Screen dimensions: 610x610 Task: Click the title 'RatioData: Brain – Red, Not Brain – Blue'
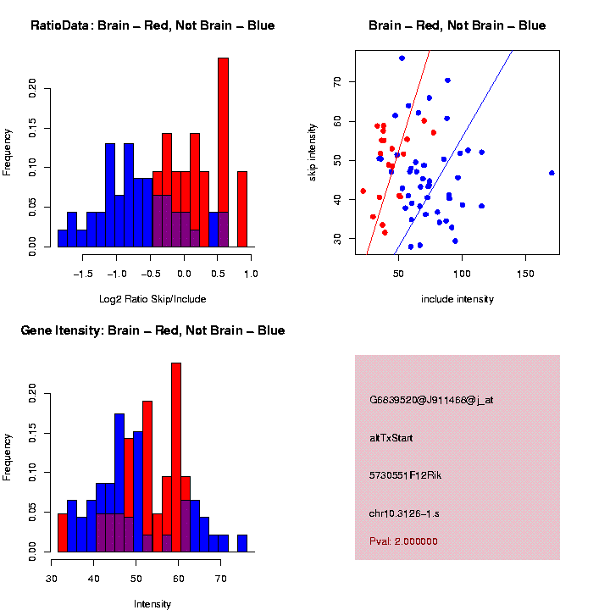coord(152,25)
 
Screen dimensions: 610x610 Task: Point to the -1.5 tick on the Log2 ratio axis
coord(83,274)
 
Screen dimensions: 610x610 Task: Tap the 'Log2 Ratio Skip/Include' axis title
coord(152,299)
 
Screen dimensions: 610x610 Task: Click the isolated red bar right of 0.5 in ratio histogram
coord(242,208)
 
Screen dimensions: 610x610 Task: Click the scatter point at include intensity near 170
coord(552,173)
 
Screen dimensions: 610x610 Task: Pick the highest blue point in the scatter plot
coord(402,58)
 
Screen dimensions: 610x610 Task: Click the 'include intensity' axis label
coord(457,299)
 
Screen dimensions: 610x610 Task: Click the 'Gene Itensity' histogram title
coord(152,330)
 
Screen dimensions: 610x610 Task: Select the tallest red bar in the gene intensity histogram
coord(176,457)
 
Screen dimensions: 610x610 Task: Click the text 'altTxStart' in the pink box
coord(391,438)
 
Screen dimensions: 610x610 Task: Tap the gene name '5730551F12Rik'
coord(405,475)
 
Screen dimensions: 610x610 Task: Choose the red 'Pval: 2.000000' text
coord(403,541)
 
